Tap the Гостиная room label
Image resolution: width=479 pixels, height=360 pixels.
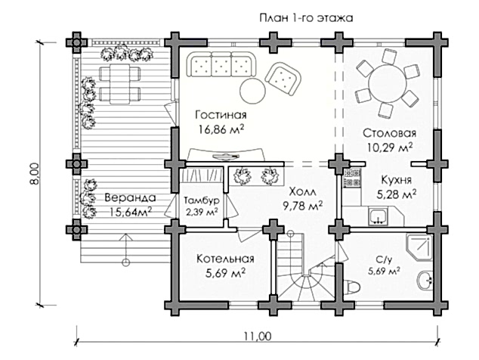(221, 115)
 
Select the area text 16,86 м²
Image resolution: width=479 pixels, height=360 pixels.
(221, 129)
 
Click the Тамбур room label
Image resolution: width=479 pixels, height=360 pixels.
(201, 200)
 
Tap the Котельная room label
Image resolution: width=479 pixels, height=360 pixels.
(224, 259)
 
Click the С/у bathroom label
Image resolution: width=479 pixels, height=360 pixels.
(384, 258)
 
